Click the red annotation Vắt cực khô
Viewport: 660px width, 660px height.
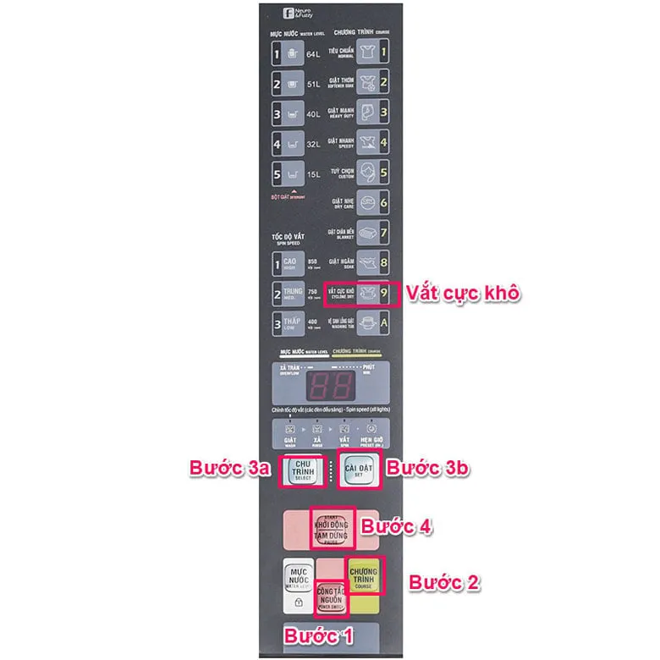(462, 294)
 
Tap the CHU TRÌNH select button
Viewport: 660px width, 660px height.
(303, 470)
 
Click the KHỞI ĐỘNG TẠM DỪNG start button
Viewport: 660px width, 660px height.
(333, 530)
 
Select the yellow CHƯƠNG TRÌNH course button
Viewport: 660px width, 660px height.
(363, 576)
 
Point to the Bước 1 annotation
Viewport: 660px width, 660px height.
(318, 635)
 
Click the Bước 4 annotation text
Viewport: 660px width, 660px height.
(397, 525)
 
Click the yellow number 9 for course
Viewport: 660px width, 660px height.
(383, 294)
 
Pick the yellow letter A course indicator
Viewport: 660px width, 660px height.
(383, 323)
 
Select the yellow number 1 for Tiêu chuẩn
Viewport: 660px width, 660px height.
(383, 54)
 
